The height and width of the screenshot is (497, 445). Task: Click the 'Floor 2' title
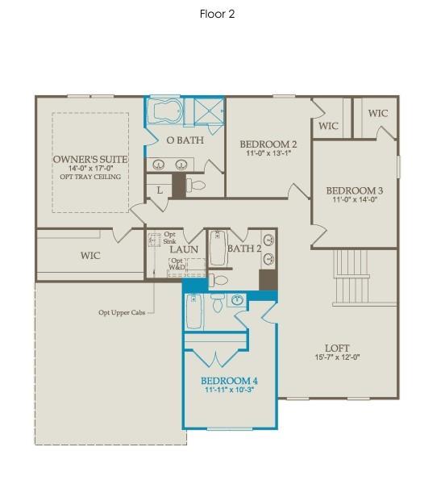[x=218, y=14]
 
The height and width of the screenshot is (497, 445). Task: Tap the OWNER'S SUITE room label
[x=90, y=160]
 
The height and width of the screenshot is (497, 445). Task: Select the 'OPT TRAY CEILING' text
[x=90, y=177]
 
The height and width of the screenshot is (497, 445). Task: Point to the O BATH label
[x=185, y=140]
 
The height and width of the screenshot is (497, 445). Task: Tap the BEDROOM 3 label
[x=354, y=191]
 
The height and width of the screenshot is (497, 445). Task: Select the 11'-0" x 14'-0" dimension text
[x=354, y=200]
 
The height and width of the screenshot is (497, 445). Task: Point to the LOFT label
[x=336, y=349]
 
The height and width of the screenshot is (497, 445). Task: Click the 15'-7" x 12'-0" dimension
[x=336, y=357]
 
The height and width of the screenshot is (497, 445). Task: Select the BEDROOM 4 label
[x=229, y=381]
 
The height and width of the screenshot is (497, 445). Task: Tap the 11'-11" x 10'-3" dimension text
[x=229, y=390]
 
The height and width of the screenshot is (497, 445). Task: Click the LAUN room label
[x=184, y=249]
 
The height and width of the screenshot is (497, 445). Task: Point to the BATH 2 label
[x=243, y=248]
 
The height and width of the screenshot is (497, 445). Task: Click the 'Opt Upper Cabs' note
[x=121, y=313]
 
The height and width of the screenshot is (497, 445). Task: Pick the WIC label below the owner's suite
[x=90, y=256]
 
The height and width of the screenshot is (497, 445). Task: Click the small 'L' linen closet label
[x=160, y=190]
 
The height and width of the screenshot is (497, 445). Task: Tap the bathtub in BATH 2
[x=218, y=248]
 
